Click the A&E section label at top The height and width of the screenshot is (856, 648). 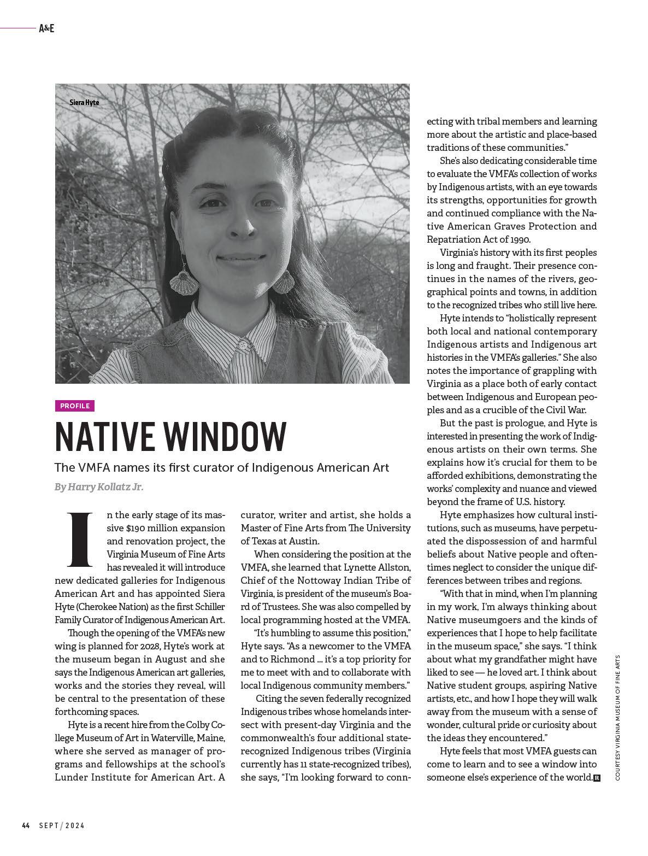46,28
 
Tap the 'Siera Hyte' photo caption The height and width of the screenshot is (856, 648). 84,102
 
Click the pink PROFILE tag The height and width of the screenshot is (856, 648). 75,406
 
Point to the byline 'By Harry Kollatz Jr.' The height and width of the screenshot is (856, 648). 99,486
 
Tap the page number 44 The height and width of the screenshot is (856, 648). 26,825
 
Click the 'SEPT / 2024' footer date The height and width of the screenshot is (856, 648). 61,825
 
